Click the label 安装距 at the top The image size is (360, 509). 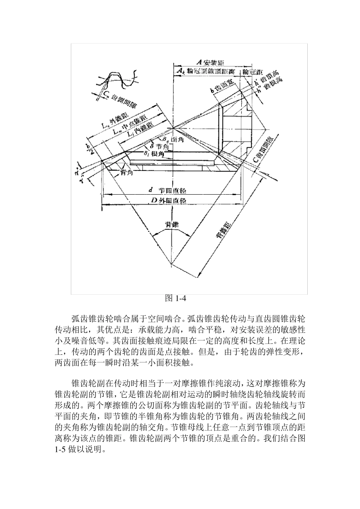213,62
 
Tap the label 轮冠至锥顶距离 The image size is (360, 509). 207,71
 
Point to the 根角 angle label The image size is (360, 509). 154,153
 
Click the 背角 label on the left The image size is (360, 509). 127,173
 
